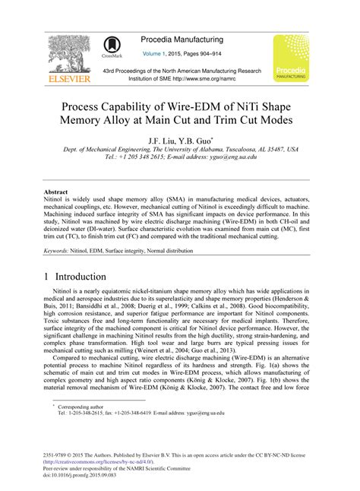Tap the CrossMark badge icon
click(114, 48)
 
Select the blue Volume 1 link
click(162, 54)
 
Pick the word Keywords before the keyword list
click(58, 249)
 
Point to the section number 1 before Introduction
click(49, 277)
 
